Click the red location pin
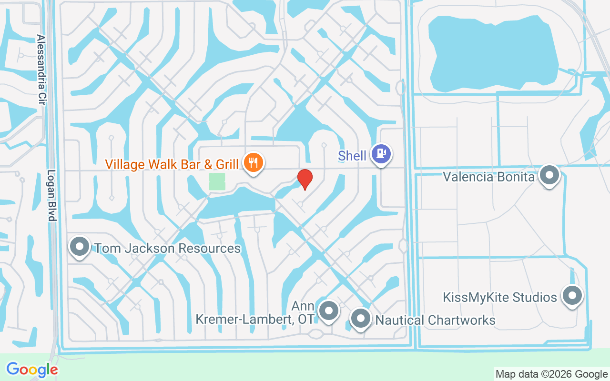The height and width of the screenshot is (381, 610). click(x=305, y=179)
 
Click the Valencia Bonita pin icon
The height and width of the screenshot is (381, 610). click(x=549, y=175)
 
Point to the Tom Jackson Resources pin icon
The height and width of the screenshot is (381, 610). click(x=80, y=247)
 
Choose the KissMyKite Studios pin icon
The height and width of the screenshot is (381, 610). click(x=572, y=296)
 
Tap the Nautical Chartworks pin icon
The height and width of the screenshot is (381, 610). click(x=360, y=318)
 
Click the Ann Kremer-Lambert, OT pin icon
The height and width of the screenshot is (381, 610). click(x=328, y=311)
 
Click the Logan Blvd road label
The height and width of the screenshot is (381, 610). click(x=52, y=195)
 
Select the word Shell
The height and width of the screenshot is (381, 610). click(x=352, y=156)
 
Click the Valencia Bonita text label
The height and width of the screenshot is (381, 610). click(x=488, y=177)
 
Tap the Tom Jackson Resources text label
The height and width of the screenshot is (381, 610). click(x=167, y=248)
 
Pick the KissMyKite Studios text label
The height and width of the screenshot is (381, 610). click(x=499, y=298)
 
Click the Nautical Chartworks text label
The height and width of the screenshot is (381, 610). click(x=436, y=320)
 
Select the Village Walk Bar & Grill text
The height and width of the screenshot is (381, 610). click(x=172, y=164)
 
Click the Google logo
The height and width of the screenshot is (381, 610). click(x=32, y=370)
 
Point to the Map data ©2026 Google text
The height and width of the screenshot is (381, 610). click(x=551, y=374)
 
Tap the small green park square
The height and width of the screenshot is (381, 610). click(x=217, y=181)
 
